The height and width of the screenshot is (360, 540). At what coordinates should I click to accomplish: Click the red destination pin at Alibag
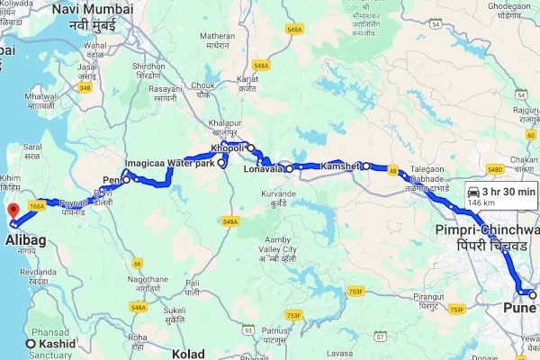pos(13,212)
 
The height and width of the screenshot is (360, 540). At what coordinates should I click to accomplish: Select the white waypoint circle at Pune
pos(533,295)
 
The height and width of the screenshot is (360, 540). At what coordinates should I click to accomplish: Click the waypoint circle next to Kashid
pos(31,345)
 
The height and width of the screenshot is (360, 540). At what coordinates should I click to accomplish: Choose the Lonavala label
pos(264,168)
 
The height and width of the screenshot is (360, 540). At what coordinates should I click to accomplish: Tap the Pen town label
pos(112,179)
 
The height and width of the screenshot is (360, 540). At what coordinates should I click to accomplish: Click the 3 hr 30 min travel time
pos(509,191)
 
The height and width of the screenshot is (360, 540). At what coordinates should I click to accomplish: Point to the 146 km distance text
pos(483,204)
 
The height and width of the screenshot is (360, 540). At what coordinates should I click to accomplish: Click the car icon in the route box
pos(473,191)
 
